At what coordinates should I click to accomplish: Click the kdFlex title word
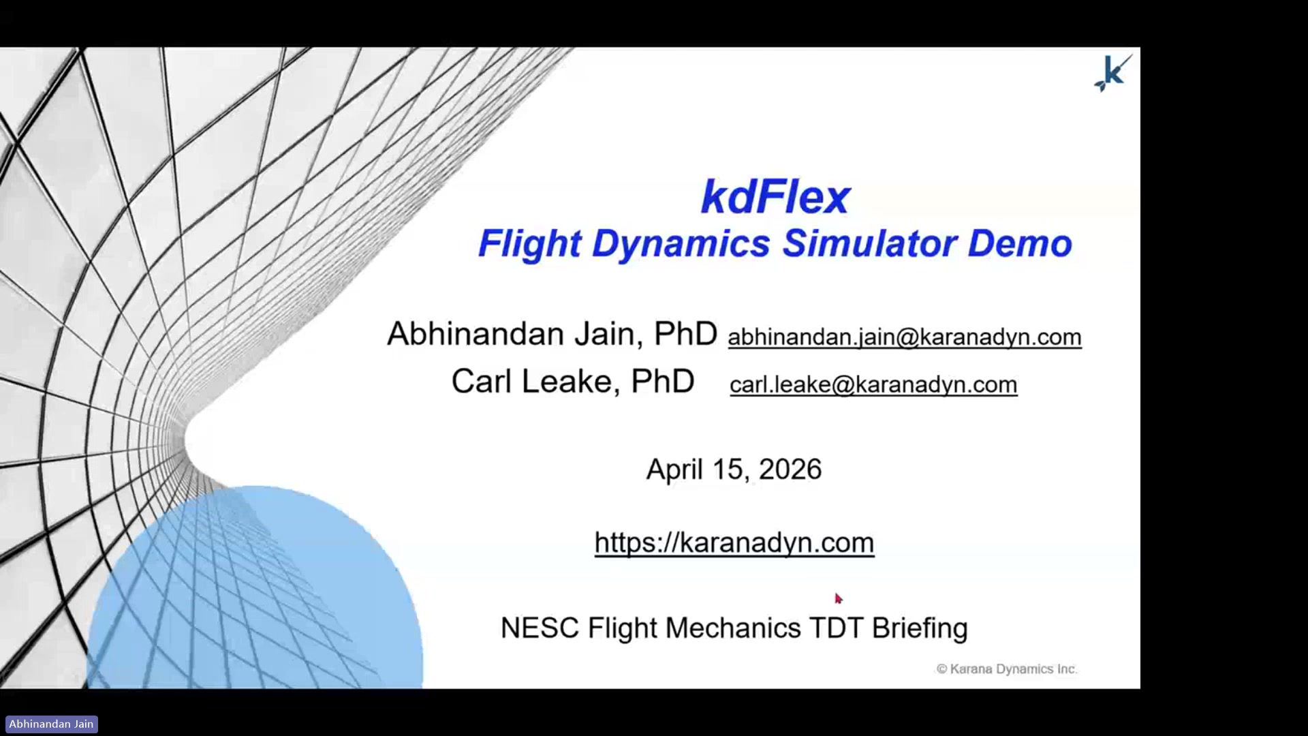pos(775,198)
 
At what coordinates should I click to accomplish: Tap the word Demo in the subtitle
pos(1020,243)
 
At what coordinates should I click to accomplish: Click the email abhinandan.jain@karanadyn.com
pos(905,337)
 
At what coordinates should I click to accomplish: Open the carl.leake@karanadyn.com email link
pos(873,384)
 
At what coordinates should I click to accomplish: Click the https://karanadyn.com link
pos(734,542)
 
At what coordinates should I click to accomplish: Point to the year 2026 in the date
pos(790,470)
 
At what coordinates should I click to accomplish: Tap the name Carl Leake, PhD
pos(573,381)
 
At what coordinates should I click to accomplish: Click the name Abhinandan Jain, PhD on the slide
pos(552,334)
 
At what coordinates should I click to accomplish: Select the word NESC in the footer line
pos(540,628)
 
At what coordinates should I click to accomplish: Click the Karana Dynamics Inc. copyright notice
pos(1007,669)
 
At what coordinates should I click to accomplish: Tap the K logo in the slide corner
pos(1113,73)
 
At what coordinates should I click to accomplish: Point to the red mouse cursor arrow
pos(839,598)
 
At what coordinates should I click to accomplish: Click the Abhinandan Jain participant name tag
pos(51,724)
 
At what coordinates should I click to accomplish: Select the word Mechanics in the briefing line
pos(733,628)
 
